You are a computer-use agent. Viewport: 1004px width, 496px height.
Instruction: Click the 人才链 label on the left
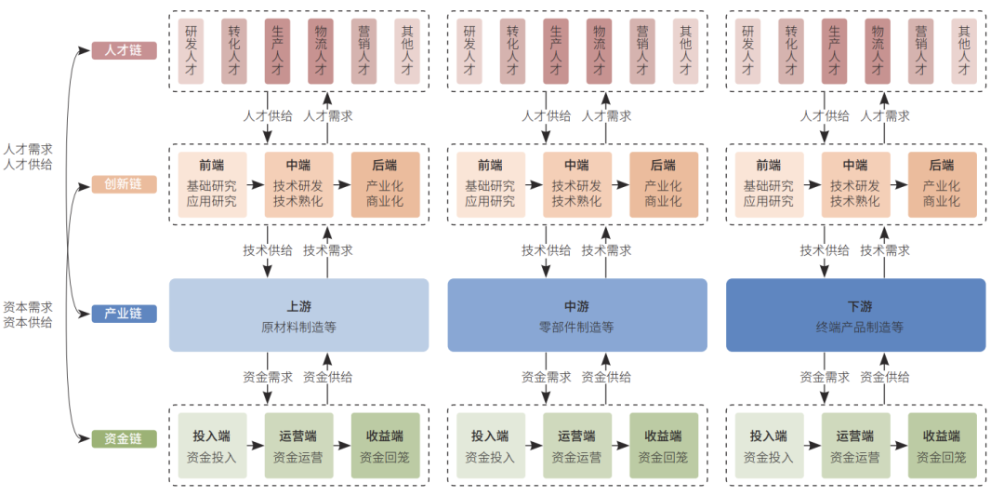[124, 50]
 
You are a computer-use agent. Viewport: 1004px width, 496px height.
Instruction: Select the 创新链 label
[124, 184]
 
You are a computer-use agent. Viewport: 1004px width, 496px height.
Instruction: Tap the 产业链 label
[124, 314]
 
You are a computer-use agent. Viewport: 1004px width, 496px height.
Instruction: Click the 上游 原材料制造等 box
[298, 315]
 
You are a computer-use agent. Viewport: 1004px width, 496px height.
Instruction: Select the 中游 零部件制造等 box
[576, 315]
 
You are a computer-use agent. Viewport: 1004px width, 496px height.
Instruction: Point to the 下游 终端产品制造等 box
[855, 315]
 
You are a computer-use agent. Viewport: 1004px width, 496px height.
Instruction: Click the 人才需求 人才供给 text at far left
[28, 156]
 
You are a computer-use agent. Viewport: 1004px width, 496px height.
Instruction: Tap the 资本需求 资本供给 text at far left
[28, 315]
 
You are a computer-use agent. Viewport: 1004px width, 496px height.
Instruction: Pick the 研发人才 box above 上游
[191, 51]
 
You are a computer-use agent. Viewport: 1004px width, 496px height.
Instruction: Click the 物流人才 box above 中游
[599, 51]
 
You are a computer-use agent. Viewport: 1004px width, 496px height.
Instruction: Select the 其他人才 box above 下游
[964, 51]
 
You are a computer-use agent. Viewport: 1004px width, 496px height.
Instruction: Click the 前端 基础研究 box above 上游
[212, 184]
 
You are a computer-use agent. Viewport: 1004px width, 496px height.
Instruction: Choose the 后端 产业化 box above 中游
[663, 184]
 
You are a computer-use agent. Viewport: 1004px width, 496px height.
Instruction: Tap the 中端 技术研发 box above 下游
[855, 184]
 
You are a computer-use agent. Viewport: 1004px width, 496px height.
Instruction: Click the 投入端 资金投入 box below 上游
[212, 447]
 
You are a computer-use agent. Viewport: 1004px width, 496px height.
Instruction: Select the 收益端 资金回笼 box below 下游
[942, 447]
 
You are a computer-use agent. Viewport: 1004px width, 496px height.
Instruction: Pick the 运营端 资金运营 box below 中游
[576, 447]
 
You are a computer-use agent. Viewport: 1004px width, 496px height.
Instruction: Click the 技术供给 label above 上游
[268, 250]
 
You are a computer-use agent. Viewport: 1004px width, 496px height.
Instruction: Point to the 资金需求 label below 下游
[825, 378]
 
